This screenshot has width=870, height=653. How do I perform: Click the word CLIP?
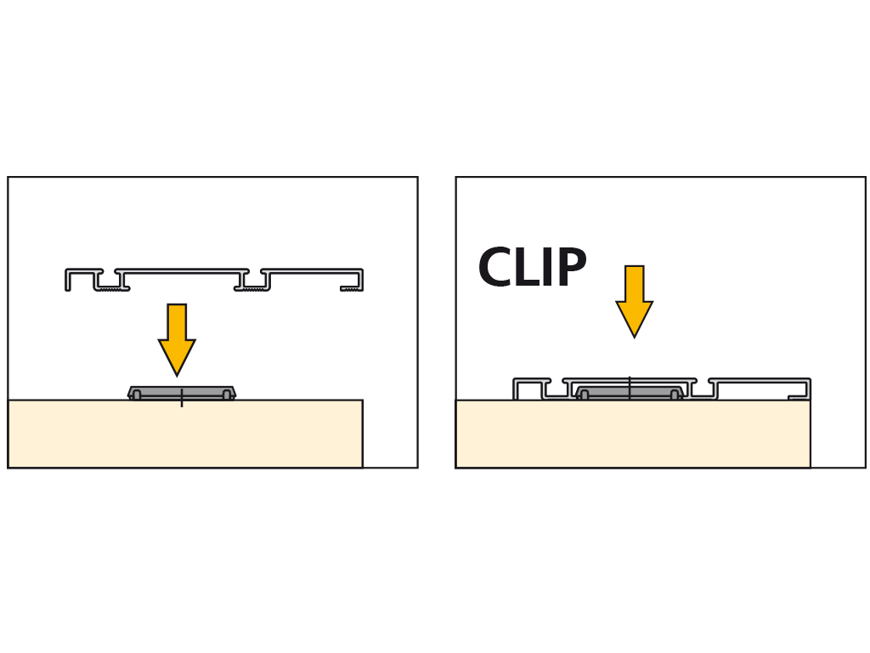[x=532, y=269]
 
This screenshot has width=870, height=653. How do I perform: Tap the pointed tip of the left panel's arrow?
[x=177, y=373]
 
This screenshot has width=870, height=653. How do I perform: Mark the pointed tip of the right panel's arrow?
[x=634, y=335]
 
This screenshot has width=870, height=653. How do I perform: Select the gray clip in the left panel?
[x=182, y=392]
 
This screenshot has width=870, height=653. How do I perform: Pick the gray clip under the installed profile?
[x=630, y=392]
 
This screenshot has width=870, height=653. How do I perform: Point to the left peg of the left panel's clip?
[x=137, y=395]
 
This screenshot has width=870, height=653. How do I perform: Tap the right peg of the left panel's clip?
[x=227, y=395]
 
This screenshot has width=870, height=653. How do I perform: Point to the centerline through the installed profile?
[x=630, y=387]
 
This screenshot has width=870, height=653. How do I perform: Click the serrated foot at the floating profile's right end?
[x=350, y=289]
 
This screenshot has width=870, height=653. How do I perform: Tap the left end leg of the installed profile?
[x=515, y=389]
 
